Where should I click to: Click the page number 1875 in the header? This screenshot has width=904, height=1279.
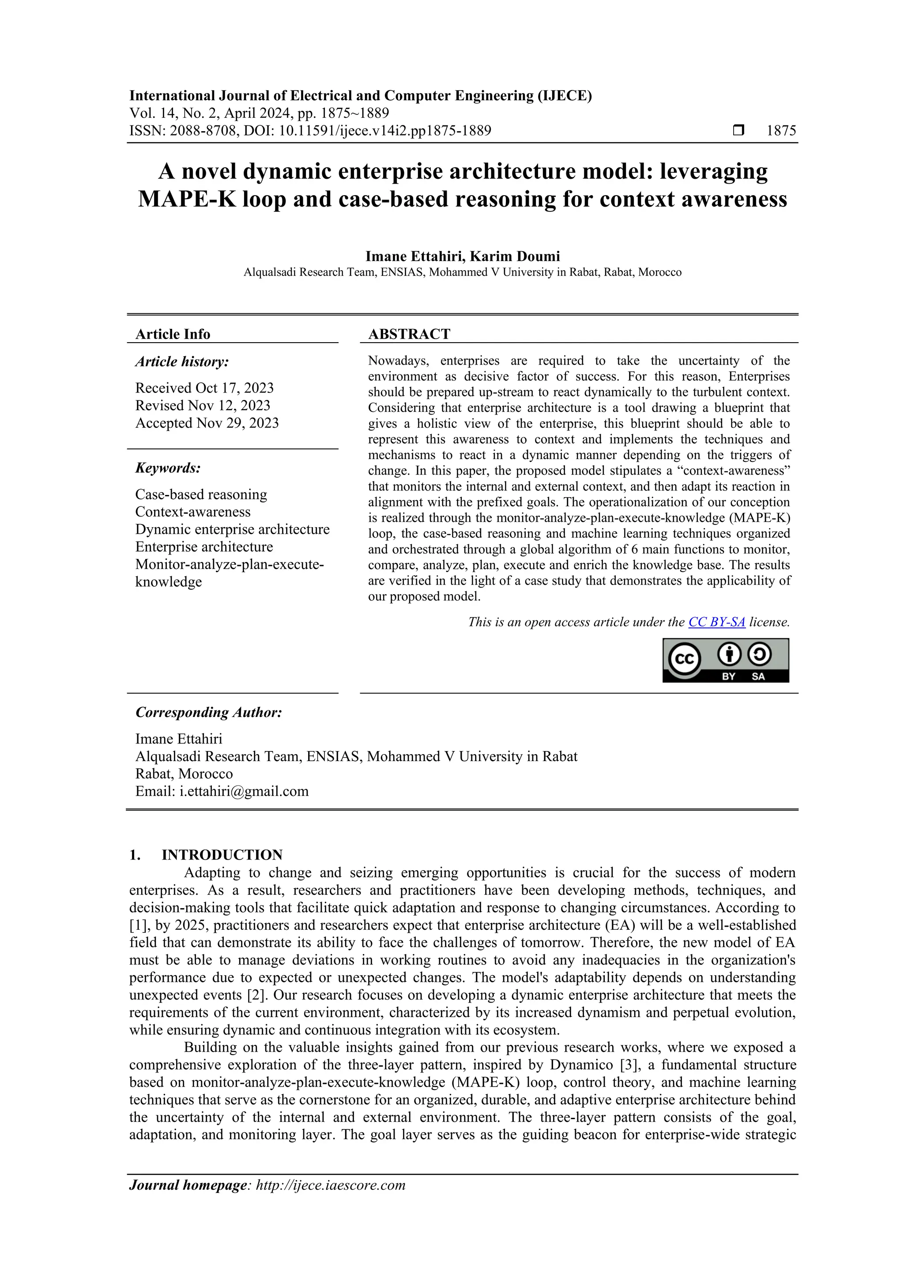pos(781,131)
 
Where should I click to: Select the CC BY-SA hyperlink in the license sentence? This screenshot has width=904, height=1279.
pos(716,622)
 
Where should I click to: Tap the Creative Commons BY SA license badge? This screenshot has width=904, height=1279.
pos(725,660)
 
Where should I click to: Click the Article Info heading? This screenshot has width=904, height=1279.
pos(173,334)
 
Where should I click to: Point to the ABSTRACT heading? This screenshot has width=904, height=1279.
pos(409,334)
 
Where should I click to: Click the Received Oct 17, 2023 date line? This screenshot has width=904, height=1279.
pos(204,388)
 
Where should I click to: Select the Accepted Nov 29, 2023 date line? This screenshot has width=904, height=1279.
pos(207,423)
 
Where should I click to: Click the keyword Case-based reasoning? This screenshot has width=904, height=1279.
pos(201,494)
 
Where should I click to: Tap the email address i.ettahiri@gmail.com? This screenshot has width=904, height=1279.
pos(243,791)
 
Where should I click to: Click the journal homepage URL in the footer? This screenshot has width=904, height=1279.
pos(330,1185)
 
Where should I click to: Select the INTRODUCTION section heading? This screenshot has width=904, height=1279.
pos(222,855)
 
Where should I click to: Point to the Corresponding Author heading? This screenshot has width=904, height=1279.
pos(208,713)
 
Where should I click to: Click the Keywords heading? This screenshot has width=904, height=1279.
pos(168,468)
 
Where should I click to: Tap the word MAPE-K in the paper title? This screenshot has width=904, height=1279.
pos(187,199)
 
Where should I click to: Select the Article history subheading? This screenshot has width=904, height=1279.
pos(181,362)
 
